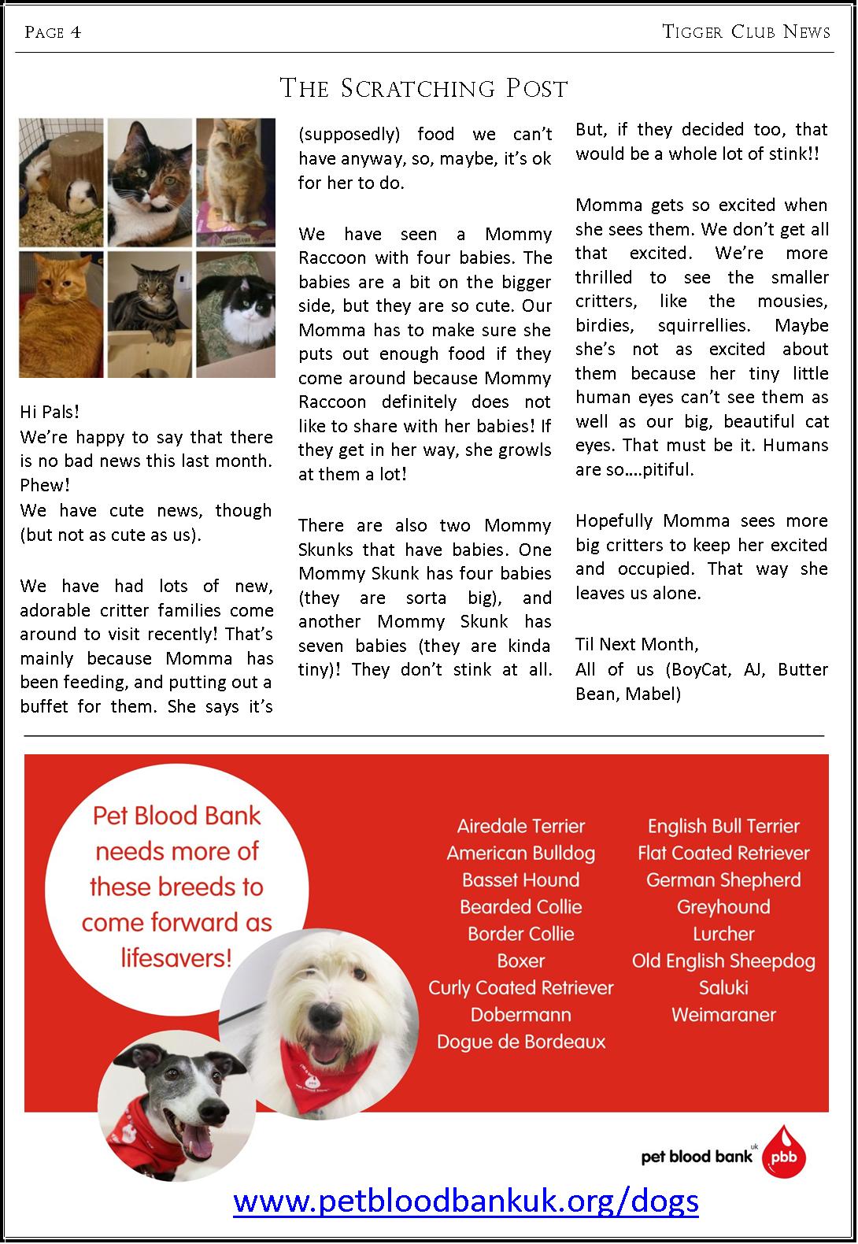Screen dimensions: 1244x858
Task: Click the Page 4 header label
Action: point(53,32)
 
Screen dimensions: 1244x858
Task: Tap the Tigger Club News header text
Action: point(746,32)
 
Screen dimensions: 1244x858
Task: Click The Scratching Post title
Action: point(423,88)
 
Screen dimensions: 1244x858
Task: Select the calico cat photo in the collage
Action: point(150,181)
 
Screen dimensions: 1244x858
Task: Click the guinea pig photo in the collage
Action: point(61,183)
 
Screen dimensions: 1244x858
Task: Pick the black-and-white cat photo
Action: point(236,313)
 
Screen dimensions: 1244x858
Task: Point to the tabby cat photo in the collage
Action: point(150,313)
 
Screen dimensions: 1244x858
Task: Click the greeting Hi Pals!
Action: point(50,413)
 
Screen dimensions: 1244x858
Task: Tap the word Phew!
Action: point(45,486)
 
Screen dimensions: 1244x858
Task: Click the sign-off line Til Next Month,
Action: point(637,645)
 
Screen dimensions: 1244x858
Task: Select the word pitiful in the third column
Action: point(664,470)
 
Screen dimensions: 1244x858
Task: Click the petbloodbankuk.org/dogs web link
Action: point(466,1201)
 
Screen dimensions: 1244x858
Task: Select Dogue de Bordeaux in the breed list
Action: point(521,1042)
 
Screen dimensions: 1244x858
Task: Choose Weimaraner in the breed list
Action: point(723,1015)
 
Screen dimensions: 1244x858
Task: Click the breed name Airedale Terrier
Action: point(521,826)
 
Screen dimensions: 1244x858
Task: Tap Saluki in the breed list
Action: point(723,988)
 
